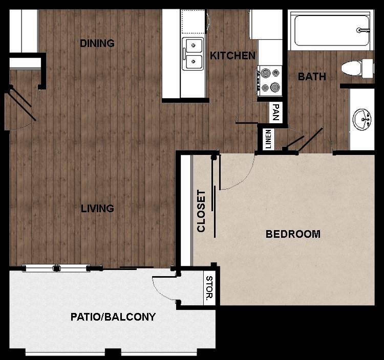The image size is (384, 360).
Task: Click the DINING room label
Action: pyautogui.click(x=97, y=43)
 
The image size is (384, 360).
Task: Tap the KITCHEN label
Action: pyautogui.click(x=233, y=56)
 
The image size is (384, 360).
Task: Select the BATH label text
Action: pyautogui.click(x=312, y=77)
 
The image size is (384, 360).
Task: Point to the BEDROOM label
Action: pyautogui.click(x=293, y=234)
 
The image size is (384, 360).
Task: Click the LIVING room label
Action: pyautogui.click(x=97, y=208)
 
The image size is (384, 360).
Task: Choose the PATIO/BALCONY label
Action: pyautogui.click(x=113, y=317)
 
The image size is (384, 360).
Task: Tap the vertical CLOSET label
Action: pyautogui.click(x=201, y=211)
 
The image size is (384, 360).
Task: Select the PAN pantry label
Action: pyautogui.click(x=276, y=111)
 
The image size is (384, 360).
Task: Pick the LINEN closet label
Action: pyautogui.click(x=268, y=139)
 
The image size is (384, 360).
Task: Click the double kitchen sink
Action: pyautogui.click(x=193, y=54)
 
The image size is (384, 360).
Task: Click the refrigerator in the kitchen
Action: pyautogui.click(x=259, y=24)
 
